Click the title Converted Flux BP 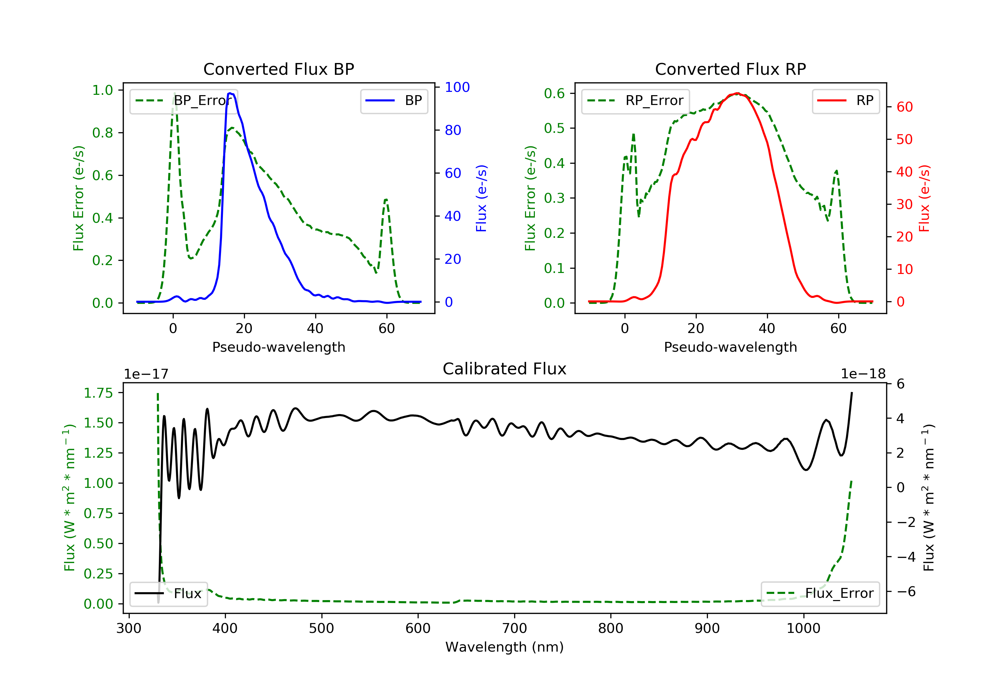point(279,69)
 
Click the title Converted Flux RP point(731,69)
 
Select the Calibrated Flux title point(505,369)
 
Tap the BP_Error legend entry point(184,101)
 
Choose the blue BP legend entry point(394,101)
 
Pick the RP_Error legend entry point(635,101)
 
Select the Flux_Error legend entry point(820,594)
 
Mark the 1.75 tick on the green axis point(98,393)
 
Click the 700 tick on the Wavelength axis point(514,629)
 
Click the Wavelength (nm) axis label point(505,647)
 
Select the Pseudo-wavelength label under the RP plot point(731,347)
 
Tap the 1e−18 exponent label point(863,374)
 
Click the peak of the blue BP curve point(230,93)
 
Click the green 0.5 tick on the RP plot point(554,128)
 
